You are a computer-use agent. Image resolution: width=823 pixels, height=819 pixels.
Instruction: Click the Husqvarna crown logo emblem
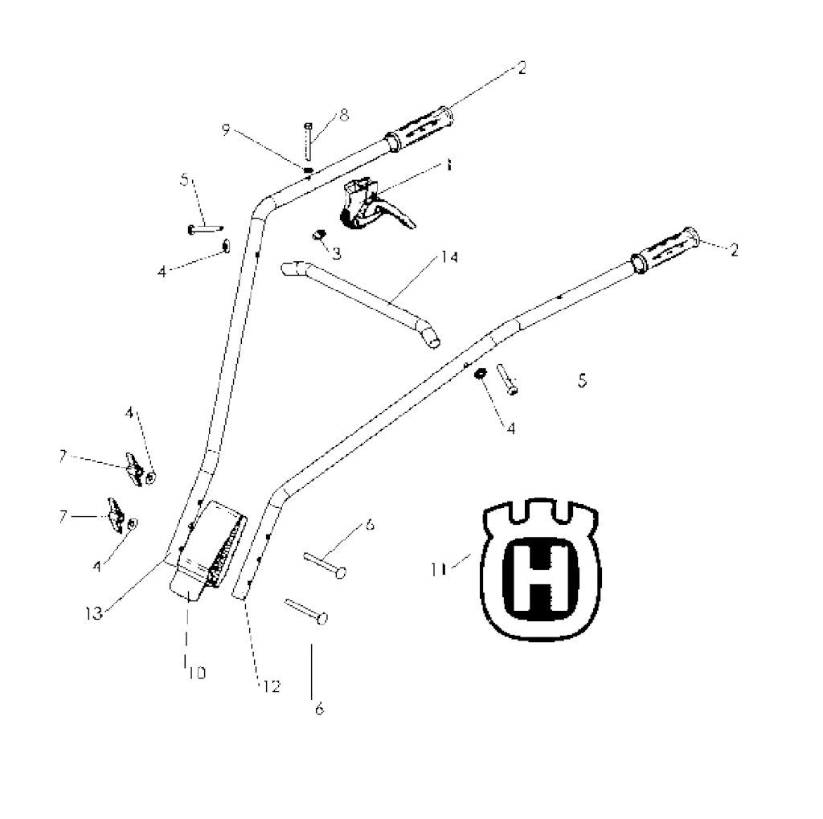click(x=540, y=569)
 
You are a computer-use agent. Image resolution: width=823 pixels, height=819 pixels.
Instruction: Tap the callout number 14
click(x=448, y=257)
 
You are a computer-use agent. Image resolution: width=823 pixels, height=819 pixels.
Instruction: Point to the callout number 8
click(x=344, y=115)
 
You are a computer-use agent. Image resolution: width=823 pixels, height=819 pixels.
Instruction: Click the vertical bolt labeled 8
click(x=308, y=141)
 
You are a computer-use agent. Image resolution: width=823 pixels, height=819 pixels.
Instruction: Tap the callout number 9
click(x=226, y=129)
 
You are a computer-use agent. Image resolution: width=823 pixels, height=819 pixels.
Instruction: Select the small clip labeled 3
click(x=318, y=235)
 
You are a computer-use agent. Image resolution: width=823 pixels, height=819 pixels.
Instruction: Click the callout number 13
click(x=94, y=613)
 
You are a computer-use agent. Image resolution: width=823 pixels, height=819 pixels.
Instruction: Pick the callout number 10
click(x=197, y=673)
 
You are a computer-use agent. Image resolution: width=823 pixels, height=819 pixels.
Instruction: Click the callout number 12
click(x=272, y=686)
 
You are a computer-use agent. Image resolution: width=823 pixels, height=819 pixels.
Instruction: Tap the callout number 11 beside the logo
click(x=438, y=569)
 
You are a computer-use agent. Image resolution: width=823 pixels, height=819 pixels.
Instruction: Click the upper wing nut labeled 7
click(x=134, y=469)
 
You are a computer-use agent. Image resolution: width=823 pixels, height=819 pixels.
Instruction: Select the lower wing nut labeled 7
click(x=117, y=514)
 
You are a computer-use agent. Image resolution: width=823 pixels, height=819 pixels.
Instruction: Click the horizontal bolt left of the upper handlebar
click(x=205, y=229)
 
